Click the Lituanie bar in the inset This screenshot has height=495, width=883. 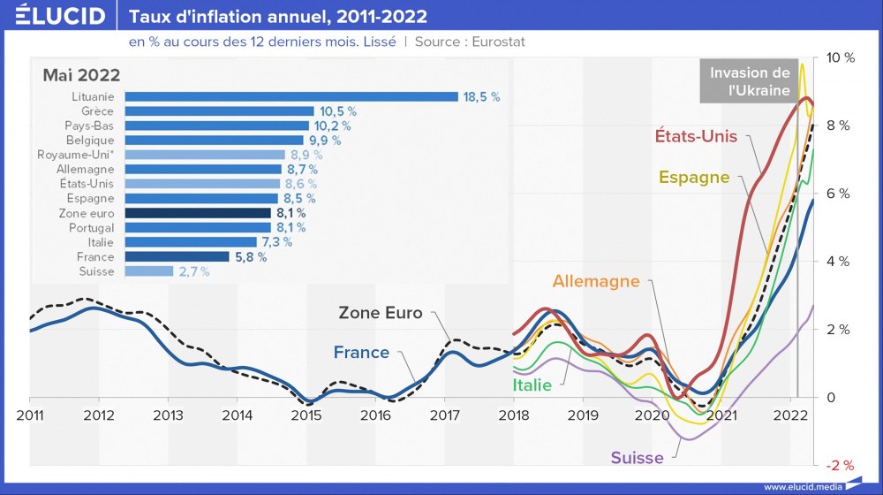(291, 97)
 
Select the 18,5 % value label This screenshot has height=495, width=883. (482, 97)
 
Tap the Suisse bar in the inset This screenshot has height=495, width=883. (149, 271)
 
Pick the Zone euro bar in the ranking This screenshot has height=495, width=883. (198, 213)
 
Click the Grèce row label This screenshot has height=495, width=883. (97, 111)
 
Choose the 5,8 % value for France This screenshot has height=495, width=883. (250, 257)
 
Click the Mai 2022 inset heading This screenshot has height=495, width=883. (81, 75)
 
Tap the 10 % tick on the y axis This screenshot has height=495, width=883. (839, 57)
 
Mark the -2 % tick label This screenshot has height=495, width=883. (839, 465)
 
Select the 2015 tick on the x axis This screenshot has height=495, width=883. (306, 415)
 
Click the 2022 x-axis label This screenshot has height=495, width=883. (789, 415)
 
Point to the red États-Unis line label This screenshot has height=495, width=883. (696, 136)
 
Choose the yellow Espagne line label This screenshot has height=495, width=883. (694, 177)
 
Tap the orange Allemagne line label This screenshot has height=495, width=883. (596, 281)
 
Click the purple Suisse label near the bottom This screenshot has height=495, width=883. (637, 458)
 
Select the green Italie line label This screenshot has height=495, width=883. (532, 385)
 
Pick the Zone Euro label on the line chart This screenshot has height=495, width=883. (381, 313)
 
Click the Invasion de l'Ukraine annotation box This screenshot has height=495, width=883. (750, 81)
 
